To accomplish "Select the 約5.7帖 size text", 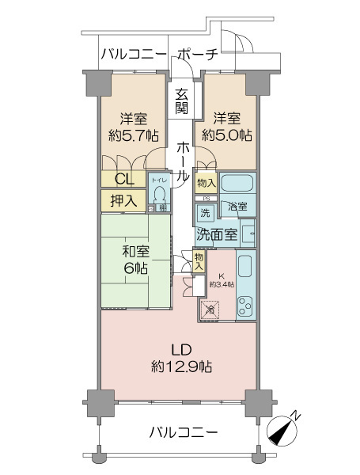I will [131, 135].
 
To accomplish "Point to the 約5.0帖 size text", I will [227, 135].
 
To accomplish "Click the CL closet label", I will [124, 178].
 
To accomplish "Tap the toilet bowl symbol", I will [161, 194].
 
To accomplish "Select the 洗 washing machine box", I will [205, 213].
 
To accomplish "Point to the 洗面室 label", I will [217, 234].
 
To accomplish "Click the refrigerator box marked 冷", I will [210, 310].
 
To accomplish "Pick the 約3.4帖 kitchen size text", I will [221, 283].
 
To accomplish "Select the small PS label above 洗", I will [205, 198].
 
